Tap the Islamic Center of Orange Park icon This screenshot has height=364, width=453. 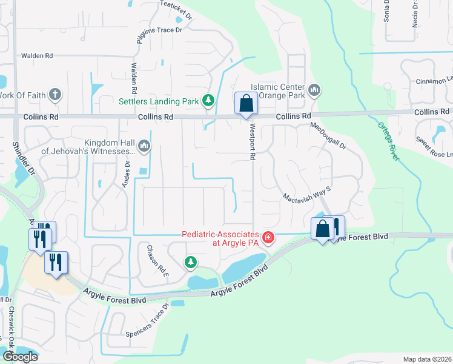tap(314, 91)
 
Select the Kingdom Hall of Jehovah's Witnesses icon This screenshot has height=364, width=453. tap(144, 146)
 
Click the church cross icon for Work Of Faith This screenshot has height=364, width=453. tap(55, 94)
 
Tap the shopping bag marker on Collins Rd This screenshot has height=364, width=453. tap(246, 104)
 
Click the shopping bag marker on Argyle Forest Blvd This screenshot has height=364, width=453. tap(322, 229)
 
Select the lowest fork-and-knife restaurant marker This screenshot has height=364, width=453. tap(56, 263)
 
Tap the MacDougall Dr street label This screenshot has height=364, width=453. tap(328, 136)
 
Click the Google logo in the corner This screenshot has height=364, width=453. tap(20, 357)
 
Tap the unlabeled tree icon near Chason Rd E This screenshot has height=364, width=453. tap(191, 261)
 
